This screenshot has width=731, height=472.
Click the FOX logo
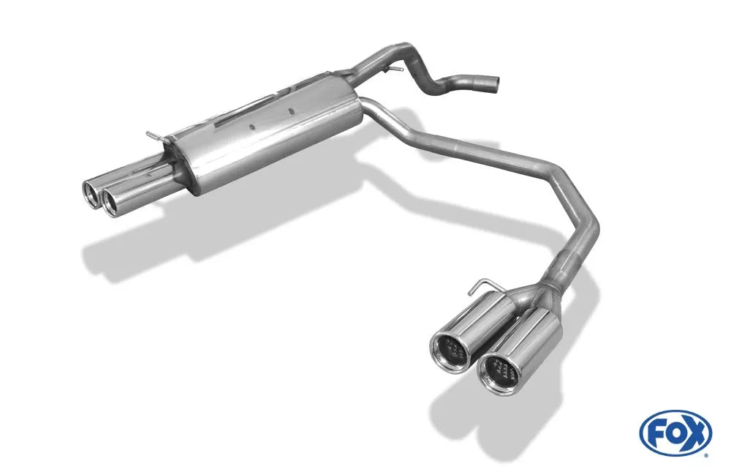[x=675, y=432]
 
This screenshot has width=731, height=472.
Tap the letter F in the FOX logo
[x=656, y=432]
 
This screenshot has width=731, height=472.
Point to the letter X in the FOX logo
[x=695, y=432]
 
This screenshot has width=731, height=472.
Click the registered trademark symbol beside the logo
[x=705, y=454]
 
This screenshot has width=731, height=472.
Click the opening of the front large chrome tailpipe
[x=499, y=371]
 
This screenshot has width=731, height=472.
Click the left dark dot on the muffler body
[x=251, y=125]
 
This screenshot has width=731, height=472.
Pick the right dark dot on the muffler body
[x=291, y=112]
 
